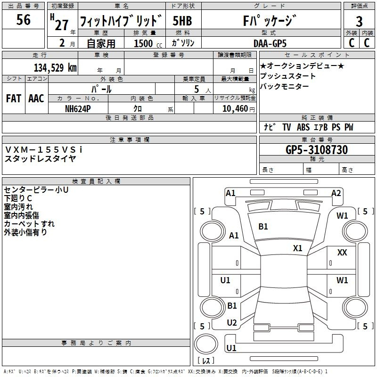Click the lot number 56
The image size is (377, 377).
point(24,20)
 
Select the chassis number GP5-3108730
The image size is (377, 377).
point(317,150)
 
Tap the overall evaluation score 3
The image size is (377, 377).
point(359,21)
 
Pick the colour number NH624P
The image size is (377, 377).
point(78,108)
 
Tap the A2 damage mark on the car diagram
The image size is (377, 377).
point(336,193)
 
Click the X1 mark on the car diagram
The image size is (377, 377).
point(298,248)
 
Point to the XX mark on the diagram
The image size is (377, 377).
point(342,253)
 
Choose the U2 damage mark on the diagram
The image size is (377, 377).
point(231,323)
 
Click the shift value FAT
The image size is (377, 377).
point(13,98)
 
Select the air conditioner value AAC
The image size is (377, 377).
point(36,98)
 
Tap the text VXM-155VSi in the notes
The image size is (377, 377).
point(44,149)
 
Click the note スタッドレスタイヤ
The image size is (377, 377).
point(40,158)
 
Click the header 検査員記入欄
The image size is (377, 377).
point(96,181)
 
